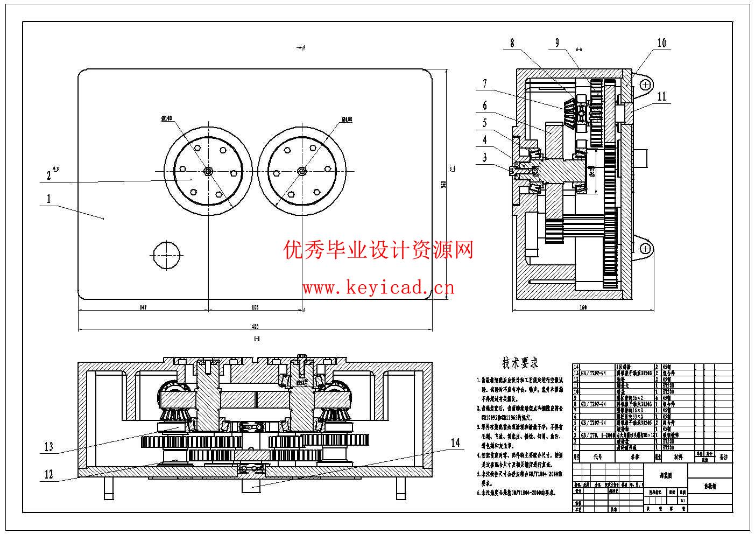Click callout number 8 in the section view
coord(512,43)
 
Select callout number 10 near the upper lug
coord(661,43)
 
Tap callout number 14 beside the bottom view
coord(456,442)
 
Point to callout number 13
coord(49,446)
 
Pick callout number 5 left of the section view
coord(484,123)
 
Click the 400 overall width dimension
coord(255,326)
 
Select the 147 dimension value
coord(143,307)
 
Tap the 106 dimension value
coord(255,307)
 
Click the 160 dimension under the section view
coord(583,307)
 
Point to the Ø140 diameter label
coord(166,118)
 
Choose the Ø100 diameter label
coord(347,120)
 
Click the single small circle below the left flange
coord(165,254)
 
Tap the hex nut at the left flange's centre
coord(208,171)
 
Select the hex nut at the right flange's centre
coord(301,171)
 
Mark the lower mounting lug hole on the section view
coord(645,248)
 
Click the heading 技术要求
coord(520,362)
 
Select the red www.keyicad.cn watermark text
coord(378,288)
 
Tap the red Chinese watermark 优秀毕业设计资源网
coord(378,250)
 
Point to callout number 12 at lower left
coord(49,474)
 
